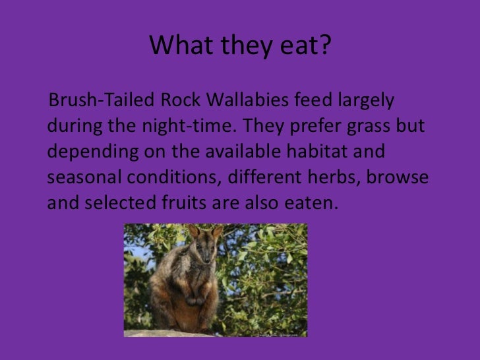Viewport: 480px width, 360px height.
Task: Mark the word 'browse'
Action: click(x=401, y=177)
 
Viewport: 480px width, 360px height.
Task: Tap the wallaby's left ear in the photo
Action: click(x=193, y=231)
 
